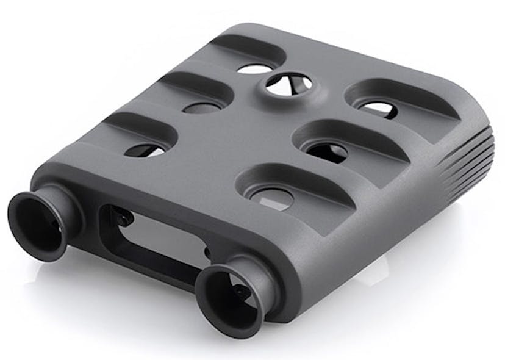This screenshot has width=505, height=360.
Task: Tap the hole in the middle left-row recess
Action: tap(201, 108)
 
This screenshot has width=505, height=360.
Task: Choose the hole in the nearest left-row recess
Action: tap(146, 150)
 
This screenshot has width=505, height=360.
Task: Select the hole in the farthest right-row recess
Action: tap(378, 109)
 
